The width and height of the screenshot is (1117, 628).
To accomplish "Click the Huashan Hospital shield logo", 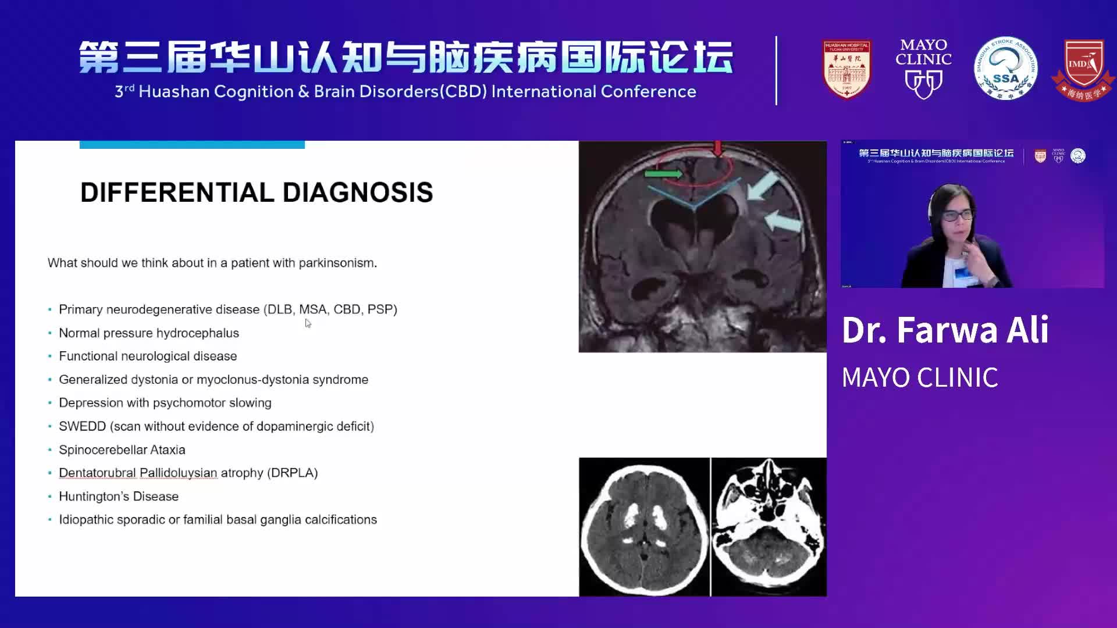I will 846,69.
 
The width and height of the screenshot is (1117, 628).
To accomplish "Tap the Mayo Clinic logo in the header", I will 923,68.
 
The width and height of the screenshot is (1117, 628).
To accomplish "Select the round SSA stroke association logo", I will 1005,69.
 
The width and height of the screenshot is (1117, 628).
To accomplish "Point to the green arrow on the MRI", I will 663,173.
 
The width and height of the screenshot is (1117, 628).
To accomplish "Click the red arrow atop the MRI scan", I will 718,149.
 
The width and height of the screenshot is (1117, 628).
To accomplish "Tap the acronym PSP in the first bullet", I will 382,309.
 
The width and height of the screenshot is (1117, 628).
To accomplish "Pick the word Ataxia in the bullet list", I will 168,449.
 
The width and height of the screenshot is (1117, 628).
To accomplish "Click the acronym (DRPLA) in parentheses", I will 292,473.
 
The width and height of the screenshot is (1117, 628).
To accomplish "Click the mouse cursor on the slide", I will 308,323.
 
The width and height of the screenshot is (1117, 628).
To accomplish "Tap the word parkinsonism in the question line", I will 337,263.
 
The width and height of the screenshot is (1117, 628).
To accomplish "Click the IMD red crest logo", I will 1083,69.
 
